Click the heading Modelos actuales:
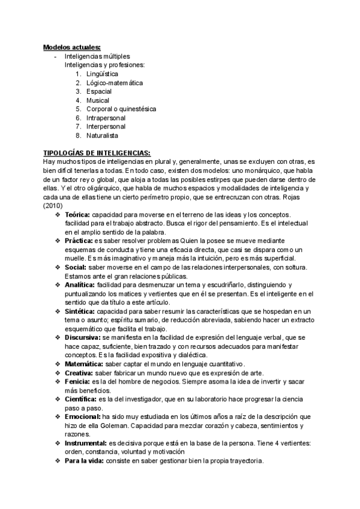pyautogui.click(x=71, y=47)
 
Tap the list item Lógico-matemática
pyautogui.click(x=115, y=83)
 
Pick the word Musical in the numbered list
pyautogui.click(x=98, y=100)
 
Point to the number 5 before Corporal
pyautogui.click(x=78, y=109)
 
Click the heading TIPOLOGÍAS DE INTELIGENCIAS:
pyautogui.click(x=97, y=153)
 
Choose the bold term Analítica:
pyautogui.click(x=80, y=285)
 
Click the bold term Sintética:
pyautogui.click(x=80, y=312)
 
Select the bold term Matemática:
pyautogui.click(x=83, y=364)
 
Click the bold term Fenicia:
pyautogui.click(x=76, y=382)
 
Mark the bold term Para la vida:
pyautogui.click(x=84, y=461)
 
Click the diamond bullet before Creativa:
pyautogui.click(x=58, y=373)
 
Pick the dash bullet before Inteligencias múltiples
pyautogui.click(x=55, y=56)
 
